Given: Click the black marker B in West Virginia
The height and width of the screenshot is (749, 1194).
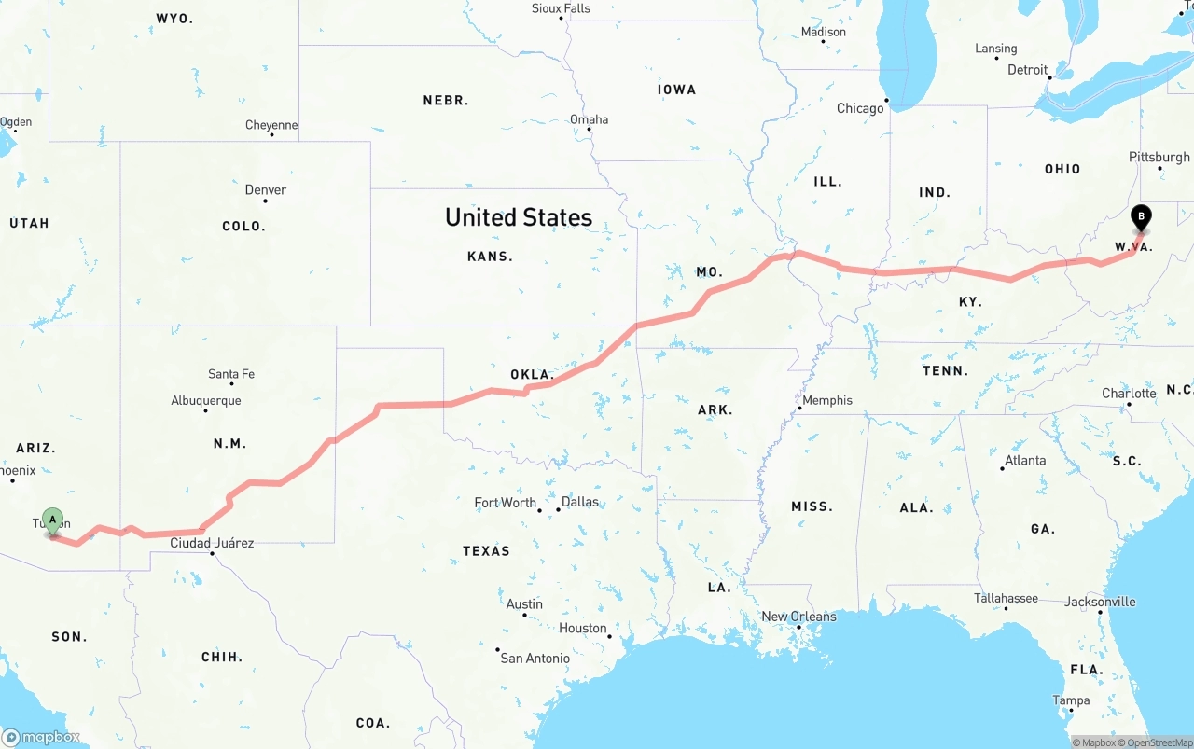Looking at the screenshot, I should click(x=1141, y=218).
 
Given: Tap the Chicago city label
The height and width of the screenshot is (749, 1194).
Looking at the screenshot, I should click(x=860, y=108).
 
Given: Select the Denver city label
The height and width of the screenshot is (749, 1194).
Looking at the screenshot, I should click(x=265, y=189).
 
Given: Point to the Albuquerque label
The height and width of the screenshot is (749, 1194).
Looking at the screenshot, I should click(x=205, y=400).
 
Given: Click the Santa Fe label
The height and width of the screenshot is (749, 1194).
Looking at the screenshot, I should click(x=230, y=374).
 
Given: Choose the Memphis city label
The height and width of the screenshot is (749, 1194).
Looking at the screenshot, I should click(x=827, y=400).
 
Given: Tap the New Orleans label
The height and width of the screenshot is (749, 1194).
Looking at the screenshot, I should click(x=799, y=617).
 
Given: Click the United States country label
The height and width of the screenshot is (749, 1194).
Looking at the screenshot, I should click(x=519, y=217).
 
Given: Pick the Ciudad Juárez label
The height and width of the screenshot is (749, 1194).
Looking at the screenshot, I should click(x=212, y=543).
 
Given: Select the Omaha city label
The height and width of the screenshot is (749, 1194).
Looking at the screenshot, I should click(x=589, y=119).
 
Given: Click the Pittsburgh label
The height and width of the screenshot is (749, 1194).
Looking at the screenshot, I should click(x=1159, y=157).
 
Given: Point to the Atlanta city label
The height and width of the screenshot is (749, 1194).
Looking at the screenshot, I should click(x=1025, y=460).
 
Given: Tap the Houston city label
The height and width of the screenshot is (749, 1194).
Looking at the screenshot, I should click(x=583, y=628).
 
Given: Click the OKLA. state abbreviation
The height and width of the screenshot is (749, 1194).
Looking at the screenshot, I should click(x=532, y=375).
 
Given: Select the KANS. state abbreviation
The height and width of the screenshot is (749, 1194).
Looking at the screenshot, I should click(x=490, y=256).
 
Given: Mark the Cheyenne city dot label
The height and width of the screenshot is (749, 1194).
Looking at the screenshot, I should click(x=271, y=125).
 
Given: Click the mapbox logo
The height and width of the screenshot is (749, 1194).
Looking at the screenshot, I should click(x=41, y=737).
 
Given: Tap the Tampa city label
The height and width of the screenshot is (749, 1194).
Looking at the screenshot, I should click(x=1071, y=700).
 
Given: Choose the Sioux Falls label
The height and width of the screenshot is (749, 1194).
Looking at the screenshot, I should click(x=561, y=8).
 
